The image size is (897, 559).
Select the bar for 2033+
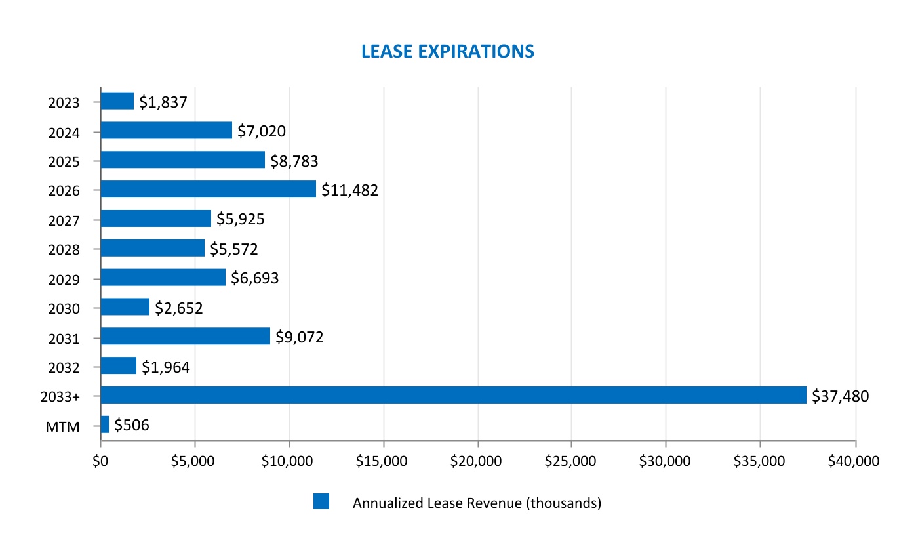pyautogui.click(x=453, y=395)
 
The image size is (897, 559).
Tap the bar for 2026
pyautogui.click(x=208, y=189)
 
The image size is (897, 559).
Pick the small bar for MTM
pyautogui.click(x=105, y=424)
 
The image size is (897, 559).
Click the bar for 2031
pyautogui.click(x=185, y=336)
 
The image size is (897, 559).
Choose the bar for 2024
pyautogui.click(x=166, y=131)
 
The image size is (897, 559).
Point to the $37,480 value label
pyautogui.click(x=840, y=396)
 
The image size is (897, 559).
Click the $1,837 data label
pyautogui.click(x=163, y=102)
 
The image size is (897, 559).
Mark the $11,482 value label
pyautogui.click(x=349, y=190)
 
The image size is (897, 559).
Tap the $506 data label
pyautogui.click(x=132, y=425)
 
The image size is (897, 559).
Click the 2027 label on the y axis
pyautogui.click(x=64, y=220)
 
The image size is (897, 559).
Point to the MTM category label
pyautogui.click(x=63, y=426)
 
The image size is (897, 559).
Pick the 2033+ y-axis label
pyautogui.click(x=60, y=397)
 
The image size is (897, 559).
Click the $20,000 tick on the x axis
pyautogui.click(x=477, y=461)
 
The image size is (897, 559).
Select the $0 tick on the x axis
pyautogui.click(x=100, y=461)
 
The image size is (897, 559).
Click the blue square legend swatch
pyautogui.click(x=321, y=502)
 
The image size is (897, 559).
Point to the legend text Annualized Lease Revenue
pyautogui.click(x=477, y=503)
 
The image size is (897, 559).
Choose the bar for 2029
pyautogui.click(x=163, y=278)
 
